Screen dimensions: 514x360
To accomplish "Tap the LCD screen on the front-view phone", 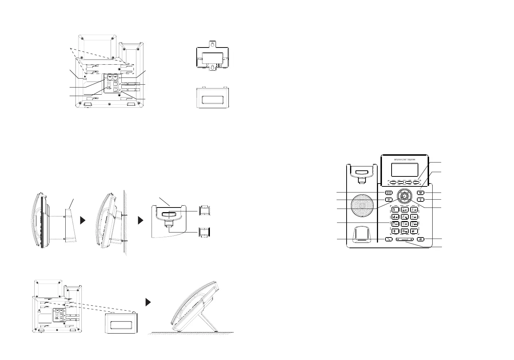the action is pyautogui.click(x=405, y=170).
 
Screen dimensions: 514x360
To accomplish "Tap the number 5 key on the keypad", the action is pyautogui.click(x=404, y=216).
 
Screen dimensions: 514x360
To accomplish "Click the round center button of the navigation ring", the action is pyautogui.click(x=404, y=195).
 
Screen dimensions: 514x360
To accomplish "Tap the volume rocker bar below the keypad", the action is pyautogui.click(x=404, y=240).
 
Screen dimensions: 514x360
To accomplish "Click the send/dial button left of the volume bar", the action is pyautogui.click(x=389, y=240).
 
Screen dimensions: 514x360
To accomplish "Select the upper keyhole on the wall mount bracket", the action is pyautogui.click(x=212, y=45).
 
